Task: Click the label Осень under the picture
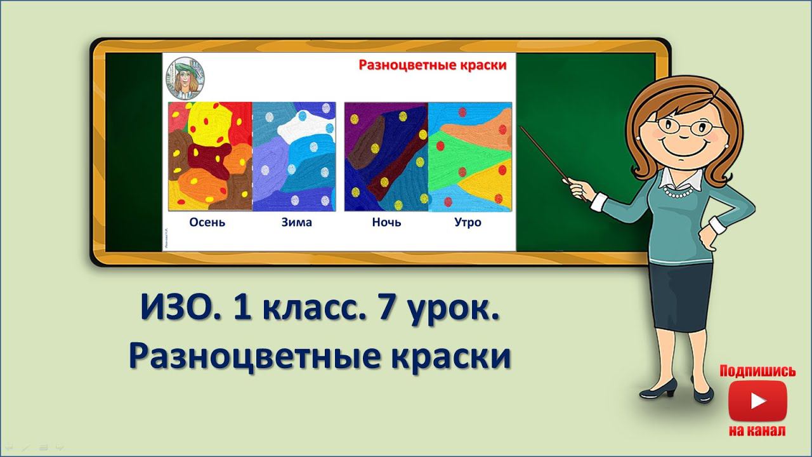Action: (207, 222)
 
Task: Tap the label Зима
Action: (296, 222)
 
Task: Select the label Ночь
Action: (386, 222)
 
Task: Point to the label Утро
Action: (468, 222)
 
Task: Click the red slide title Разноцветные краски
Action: (433, 65)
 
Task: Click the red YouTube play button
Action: (757, 401)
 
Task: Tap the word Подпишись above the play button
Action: (757, 371)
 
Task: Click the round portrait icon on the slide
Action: (185, 77)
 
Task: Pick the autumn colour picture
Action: (211, 157)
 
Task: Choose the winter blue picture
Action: (294, 157)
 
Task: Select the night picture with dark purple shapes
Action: (386, 157)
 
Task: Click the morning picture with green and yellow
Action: (470, 157)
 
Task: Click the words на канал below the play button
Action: (757, 431)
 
